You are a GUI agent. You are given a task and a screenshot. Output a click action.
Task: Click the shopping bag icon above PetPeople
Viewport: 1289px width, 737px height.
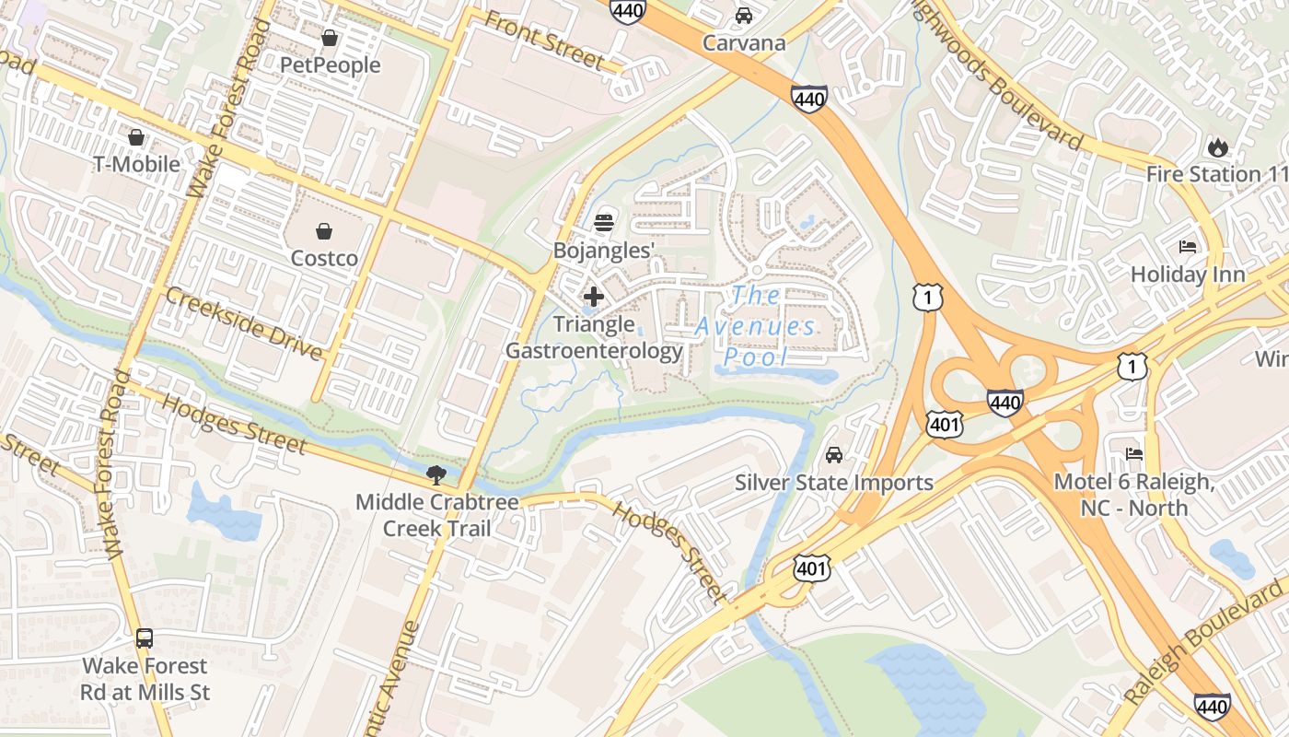330,38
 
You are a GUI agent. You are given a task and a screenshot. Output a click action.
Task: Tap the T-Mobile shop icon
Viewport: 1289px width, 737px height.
136,137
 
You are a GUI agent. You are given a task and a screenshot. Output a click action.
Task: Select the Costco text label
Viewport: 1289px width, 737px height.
324,258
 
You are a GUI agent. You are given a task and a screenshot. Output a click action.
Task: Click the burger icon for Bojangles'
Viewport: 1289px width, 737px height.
604,222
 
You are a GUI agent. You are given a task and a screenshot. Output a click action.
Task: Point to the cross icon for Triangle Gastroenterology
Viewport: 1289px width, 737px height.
594,297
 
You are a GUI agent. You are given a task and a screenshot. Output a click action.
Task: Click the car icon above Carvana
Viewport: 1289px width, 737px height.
744,16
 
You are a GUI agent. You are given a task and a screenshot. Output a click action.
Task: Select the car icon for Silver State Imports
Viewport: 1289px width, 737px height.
834,455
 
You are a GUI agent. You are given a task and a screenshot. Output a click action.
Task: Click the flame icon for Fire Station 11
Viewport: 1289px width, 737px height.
1217,146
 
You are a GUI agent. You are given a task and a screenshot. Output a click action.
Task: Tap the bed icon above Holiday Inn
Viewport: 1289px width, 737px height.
1189,247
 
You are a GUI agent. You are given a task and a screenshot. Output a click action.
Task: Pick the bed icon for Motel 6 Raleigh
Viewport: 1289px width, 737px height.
1134,454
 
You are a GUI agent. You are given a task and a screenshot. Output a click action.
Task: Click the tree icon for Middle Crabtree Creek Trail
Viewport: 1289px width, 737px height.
436,475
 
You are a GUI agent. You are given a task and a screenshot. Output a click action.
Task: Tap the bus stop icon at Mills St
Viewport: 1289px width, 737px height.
145,638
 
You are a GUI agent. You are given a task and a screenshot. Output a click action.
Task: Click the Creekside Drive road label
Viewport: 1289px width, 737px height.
244,323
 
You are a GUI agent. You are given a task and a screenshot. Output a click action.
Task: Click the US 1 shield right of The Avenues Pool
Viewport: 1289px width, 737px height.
928,297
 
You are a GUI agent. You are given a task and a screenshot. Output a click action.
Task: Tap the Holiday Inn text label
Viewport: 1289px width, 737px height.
1188,275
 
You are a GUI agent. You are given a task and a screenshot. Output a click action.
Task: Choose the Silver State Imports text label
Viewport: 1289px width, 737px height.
834,483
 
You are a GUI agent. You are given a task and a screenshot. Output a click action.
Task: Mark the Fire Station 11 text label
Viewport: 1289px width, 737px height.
1215,174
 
